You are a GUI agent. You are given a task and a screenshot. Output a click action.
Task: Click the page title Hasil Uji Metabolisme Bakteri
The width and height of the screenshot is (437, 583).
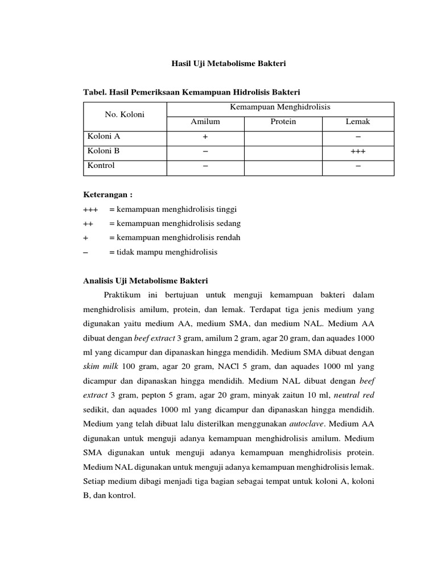point(229,65)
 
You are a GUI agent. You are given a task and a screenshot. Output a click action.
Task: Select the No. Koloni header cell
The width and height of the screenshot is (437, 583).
point(125,114)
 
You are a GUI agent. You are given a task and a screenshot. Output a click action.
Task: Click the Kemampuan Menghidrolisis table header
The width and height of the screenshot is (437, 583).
point(280,107)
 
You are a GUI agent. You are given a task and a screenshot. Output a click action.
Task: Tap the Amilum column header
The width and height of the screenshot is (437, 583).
point(205,122)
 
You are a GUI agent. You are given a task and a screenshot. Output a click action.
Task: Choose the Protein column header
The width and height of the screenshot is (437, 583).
point(283,122)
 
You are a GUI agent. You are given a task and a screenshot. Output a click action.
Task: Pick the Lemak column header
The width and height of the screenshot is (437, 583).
point(357,122)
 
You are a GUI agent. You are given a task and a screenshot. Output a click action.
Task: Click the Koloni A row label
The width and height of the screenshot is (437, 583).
point(104,137)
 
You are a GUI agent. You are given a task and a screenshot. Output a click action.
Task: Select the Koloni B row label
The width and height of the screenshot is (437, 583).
point(104,151)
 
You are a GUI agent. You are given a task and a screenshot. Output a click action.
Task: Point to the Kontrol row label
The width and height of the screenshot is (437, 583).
point(101,166)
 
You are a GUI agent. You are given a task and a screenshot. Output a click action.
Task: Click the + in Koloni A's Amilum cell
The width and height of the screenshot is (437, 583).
point(205,137)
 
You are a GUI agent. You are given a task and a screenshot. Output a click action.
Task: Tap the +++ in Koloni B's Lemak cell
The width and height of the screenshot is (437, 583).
point(357,152)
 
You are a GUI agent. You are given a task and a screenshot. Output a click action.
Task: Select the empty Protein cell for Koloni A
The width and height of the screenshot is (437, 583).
point(283,137)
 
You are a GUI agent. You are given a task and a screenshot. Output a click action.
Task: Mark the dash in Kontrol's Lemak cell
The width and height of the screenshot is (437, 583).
point(357,166)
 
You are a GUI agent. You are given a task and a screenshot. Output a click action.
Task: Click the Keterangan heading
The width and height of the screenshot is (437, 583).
point(108,195)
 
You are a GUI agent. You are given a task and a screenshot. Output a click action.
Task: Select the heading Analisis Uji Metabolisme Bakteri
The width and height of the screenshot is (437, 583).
point(146,281)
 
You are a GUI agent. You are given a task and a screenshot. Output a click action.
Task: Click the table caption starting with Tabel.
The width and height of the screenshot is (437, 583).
point(192,92)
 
